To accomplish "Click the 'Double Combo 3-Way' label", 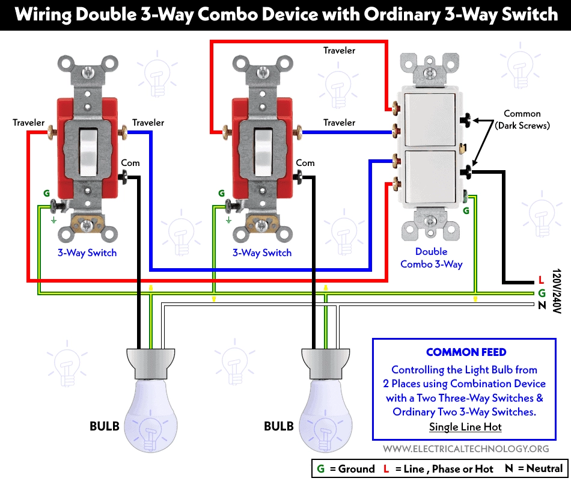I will (432, 258).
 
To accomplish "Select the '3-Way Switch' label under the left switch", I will (87, 253).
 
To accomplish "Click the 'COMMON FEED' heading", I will (466, 353).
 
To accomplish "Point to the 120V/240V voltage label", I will (557, 289).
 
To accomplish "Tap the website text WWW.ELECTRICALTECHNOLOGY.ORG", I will (466, 449).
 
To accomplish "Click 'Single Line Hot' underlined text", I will (465, 427).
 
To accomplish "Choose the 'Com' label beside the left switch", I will (130, 163).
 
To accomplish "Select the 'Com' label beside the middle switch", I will (305, 163).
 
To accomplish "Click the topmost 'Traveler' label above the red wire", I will (339, 51).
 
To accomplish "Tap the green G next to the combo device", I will (466, 211).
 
